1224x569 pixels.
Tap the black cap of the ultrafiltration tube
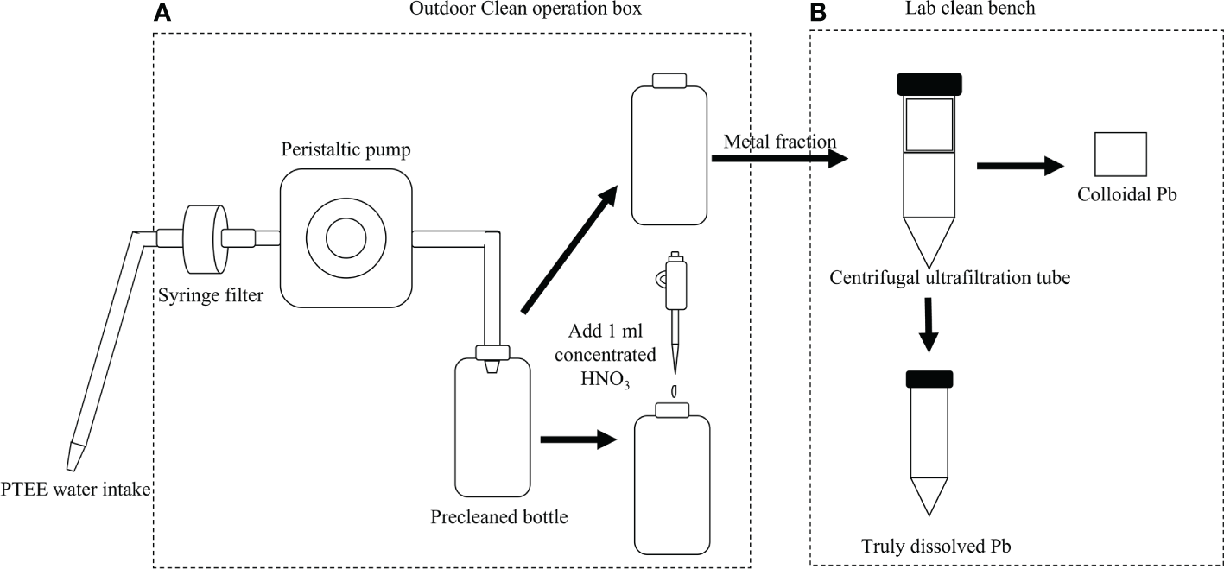point(929,84)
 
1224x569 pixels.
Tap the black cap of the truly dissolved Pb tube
point(929,378)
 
